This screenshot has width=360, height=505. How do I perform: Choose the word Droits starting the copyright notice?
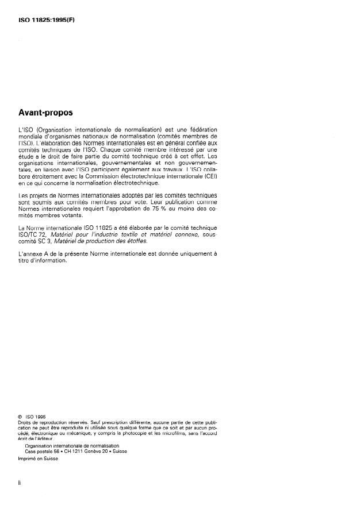(25, 422)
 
